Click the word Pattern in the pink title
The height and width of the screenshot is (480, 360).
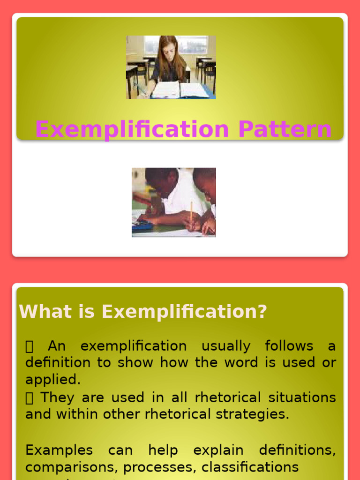point(285,129)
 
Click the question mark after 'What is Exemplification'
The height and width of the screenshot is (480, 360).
point(262,312)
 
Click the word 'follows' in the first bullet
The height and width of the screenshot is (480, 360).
point(289,346)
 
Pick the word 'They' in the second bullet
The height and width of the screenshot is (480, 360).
point(57,397)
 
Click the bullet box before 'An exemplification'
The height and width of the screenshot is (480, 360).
point(30,347)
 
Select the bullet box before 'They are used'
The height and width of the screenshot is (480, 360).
point(30,398)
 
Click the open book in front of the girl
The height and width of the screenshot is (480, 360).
point(180,90)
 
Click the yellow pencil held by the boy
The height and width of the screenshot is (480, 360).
point(191,211)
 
